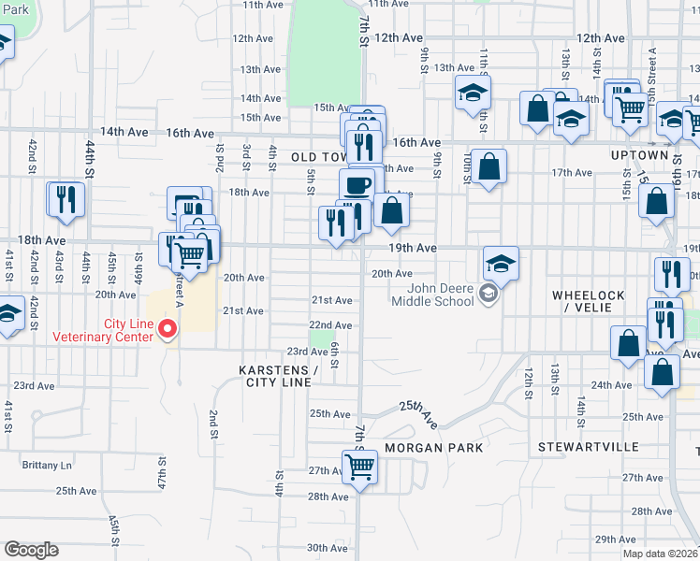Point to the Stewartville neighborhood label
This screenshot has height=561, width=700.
587,447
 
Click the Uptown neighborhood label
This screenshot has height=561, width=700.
640,155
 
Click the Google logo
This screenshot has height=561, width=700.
31,550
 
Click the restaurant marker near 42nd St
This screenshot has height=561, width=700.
66,199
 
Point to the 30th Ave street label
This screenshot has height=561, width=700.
327,548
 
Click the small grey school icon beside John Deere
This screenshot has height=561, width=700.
487,295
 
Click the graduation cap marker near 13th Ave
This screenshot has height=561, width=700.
474,93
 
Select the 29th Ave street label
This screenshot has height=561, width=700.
616,539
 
